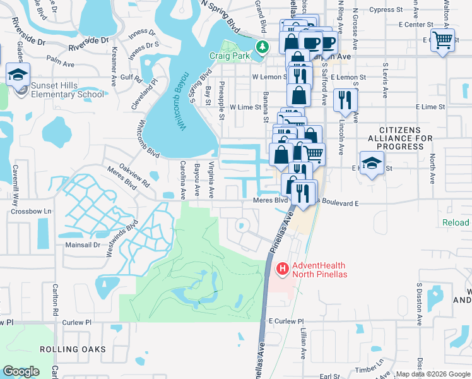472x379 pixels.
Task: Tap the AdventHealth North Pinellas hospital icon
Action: (282, 269)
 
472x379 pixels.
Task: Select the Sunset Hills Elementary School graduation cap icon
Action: (18, 75)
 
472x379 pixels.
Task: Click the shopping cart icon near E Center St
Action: (442, 40)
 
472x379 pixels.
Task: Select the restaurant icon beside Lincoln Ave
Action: (345, 100)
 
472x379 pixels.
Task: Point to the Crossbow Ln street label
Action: (30, 211)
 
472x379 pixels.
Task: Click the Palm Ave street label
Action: (61, 62)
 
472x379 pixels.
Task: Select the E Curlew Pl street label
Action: (286, 321)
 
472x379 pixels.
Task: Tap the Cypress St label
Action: (386, 9)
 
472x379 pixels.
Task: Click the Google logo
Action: (21, 371)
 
